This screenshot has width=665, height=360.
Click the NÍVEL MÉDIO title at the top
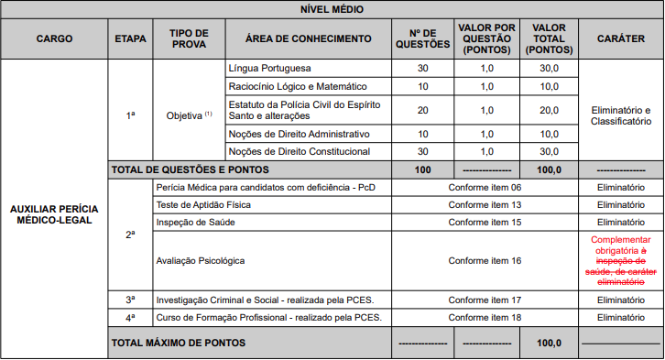332,9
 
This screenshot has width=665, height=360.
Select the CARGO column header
54,39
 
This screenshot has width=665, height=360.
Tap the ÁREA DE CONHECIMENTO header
308,39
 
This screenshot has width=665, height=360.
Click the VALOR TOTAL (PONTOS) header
549,39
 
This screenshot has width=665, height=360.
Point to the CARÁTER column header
620,39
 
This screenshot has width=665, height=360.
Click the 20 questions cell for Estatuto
422,110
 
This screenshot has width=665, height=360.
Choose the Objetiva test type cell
189,115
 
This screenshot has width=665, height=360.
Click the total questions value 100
422,169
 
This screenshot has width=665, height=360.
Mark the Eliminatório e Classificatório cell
620,115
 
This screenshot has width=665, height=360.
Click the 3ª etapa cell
129,300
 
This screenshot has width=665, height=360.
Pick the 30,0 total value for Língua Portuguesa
549,69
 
